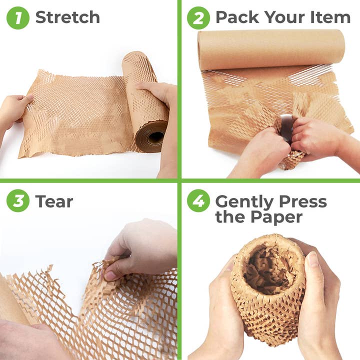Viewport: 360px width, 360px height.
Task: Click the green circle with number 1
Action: click(x=18, y=17)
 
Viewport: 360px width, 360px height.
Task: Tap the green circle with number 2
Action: click(x=198, y=17)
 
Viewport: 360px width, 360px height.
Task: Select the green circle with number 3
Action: click(x=18, y=201)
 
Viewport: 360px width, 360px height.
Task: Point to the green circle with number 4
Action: click(x=198, y=201)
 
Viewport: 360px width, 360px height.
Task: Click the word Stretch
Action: click(x=67, y=17)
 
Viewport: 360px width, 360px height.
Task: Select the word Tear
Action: click(x=54, y=201)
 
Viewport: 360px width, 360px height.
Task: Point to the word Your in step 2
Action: click(x=285, y=17)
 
